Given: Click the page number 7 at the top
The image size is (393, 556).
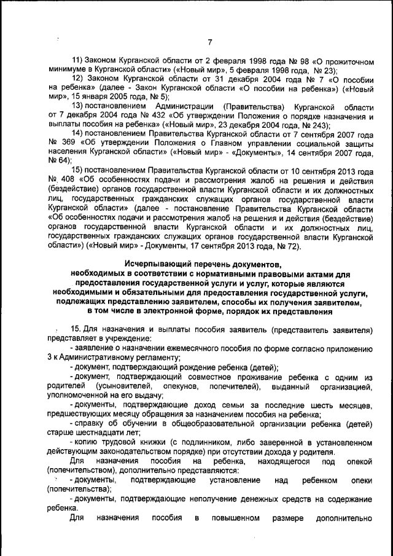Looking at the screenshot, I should pyautogui.click(x=209, y=42).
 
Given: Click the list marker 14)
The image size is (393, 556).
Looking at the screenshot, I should pyautogui.click(x=79, y=133).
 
